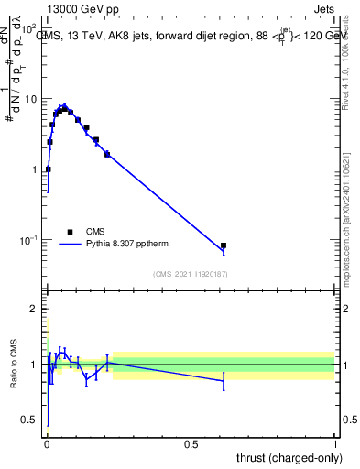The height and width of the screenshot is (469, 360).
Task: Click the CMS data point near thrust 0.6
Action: (x=224, y=245)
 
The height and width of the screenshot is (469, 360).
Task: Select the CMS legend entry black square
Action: (x=69, y=232)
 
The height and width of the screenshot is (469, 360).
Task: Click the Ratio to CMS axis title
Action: (x=14, y=365)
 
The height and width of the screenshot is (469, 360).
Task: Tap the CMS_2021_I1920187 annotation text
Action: (x=191, y=273)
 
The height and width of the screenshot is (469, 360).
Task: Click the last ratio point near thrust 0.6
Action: (x=224, y=380)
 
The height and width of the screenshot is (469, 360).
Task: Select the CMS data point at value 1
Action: (x=48, y=169)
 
